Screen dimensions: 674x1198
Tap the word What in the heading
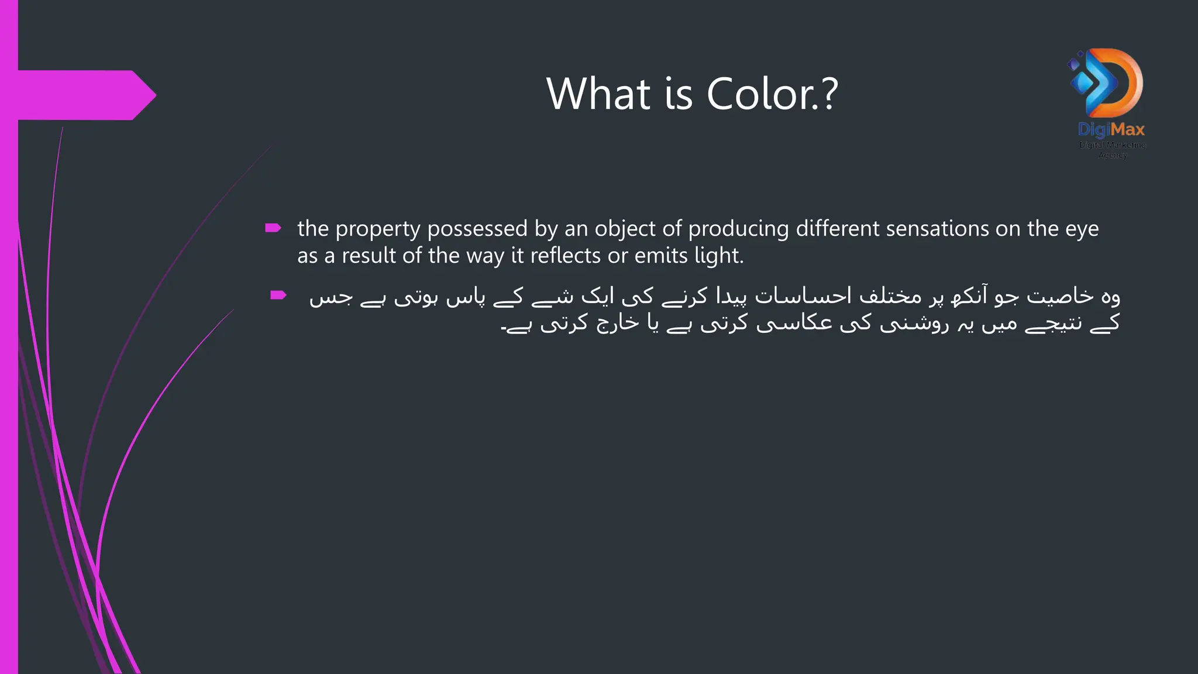point(598,94)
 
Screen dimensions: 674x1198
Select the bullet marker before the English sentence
point(273,228)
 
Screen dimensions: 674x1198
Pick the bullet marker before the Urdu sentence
point(278,295)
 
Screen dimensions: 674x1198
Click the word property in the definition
point(378,229)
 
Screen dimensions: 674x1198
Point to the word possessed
point(477,229)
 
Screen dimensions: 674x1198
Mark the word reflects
point(565,256)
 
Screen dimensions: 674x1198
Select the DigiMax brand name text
point(1111,129)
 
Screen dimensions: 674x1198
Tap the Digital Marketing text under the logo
point(1112,145)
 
